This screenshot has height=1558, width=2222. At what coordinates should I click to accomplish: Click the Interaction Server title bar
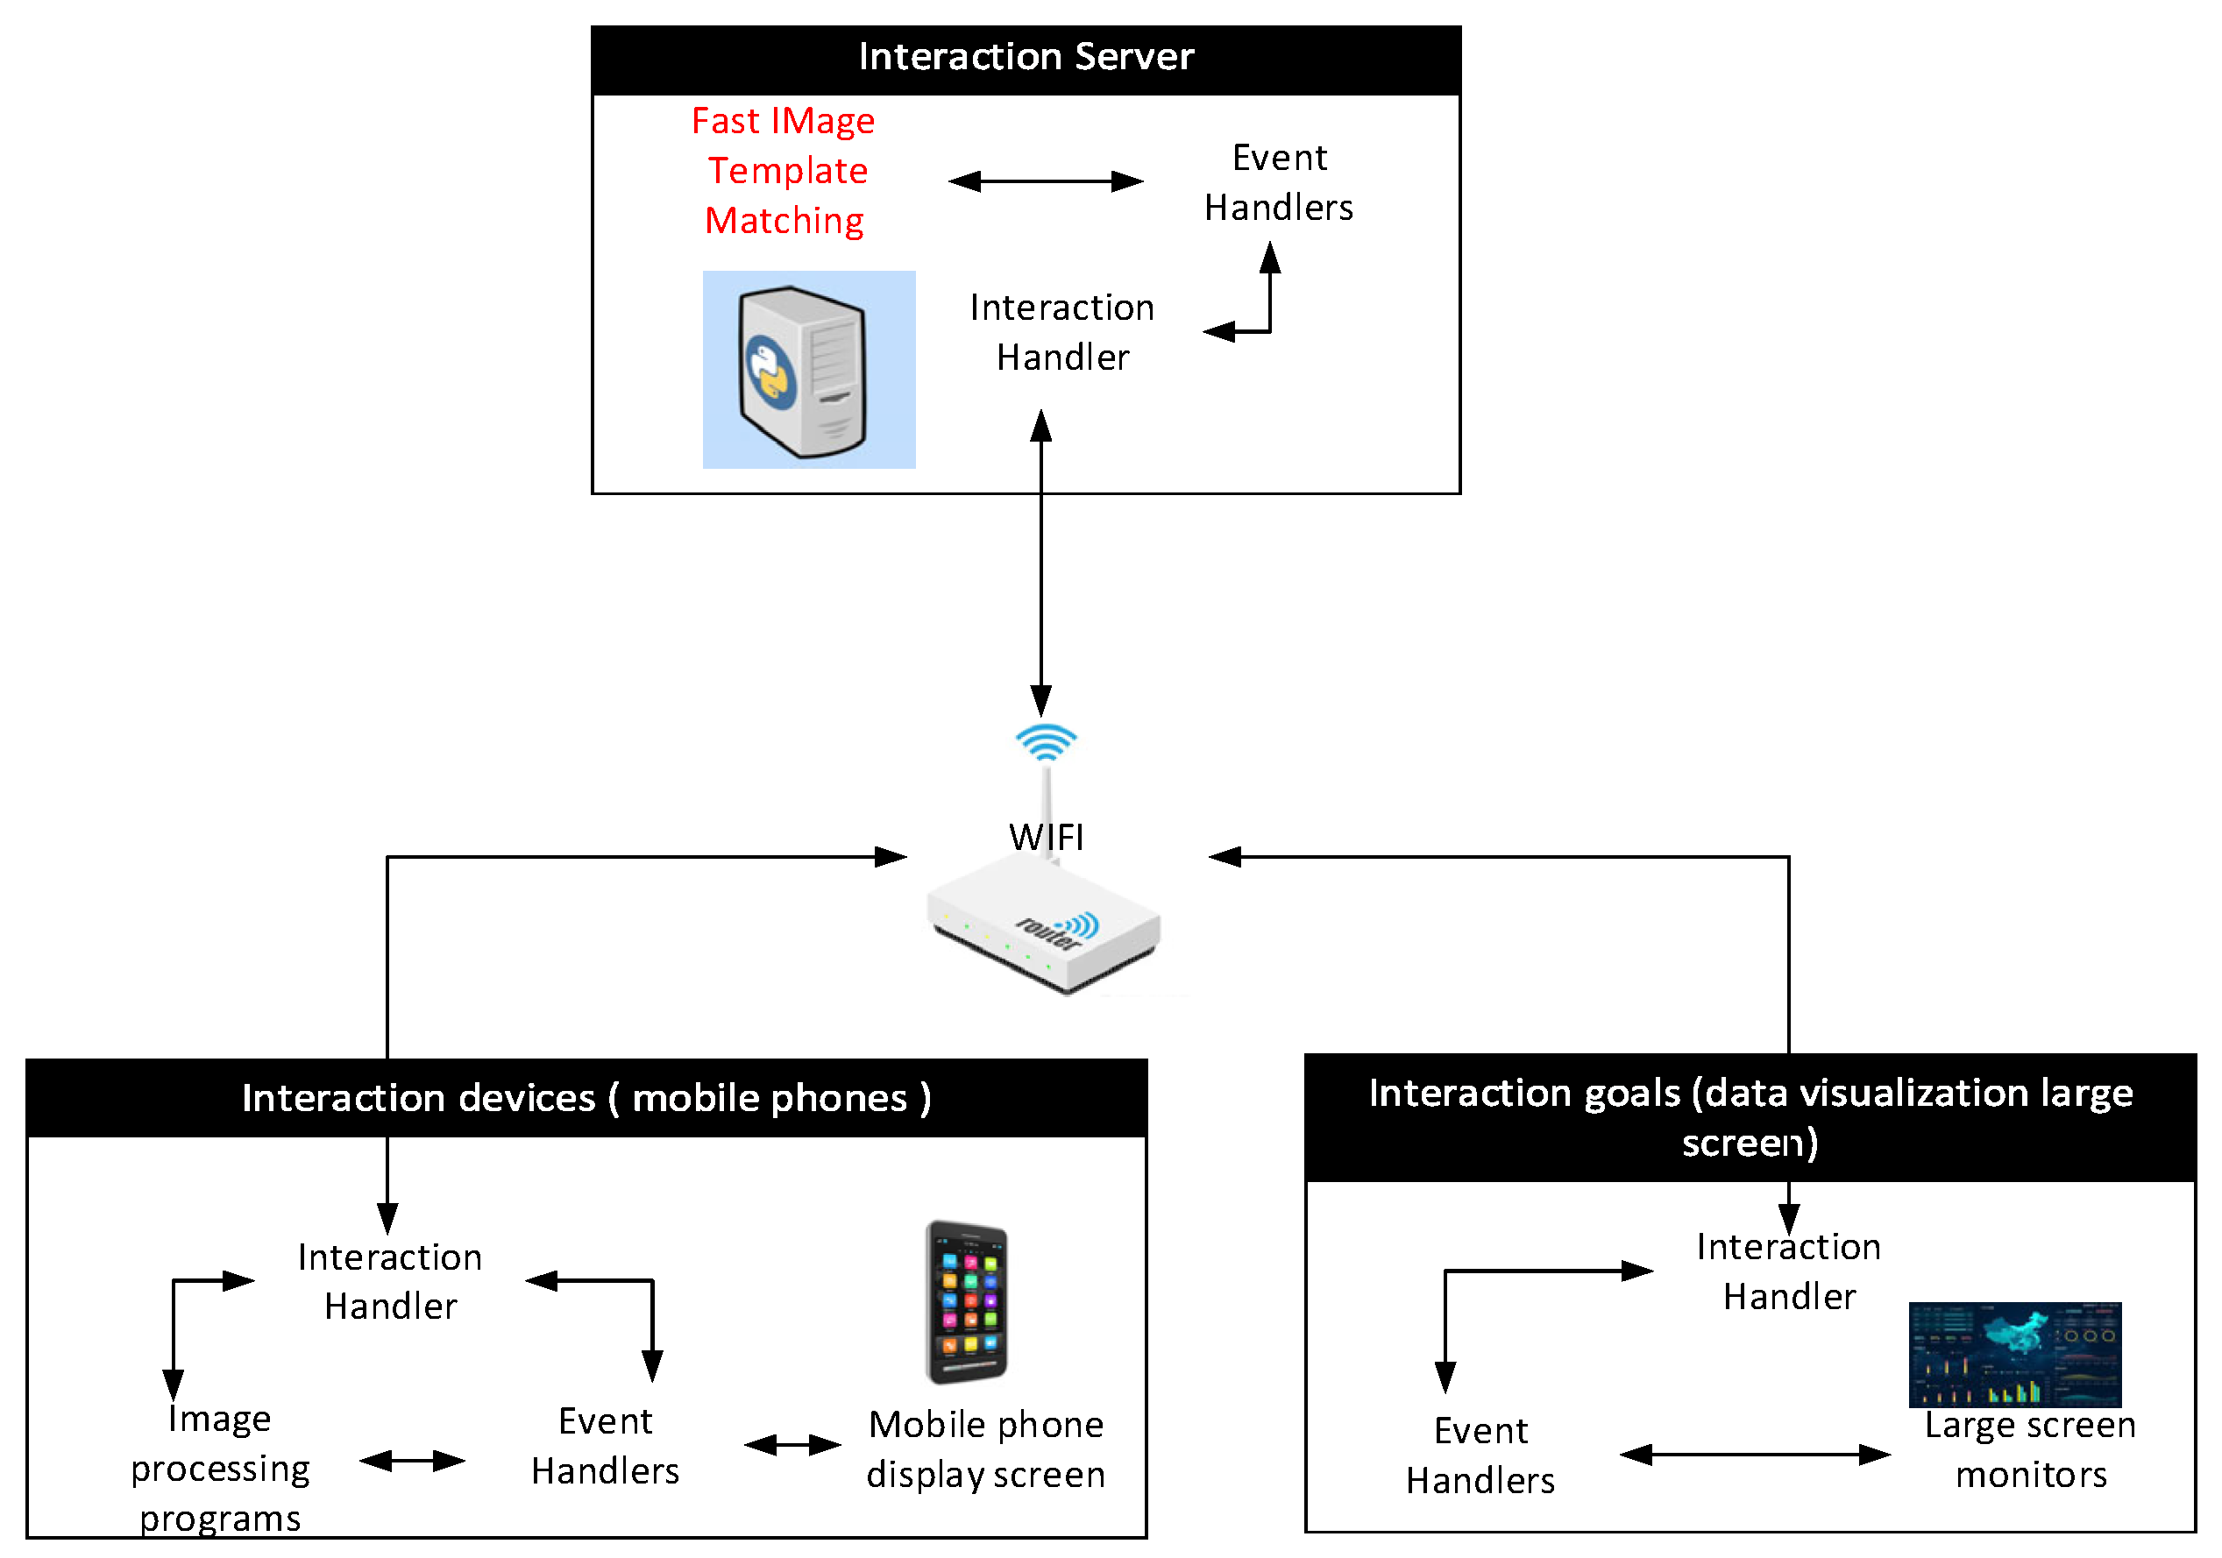tap(1026, 58)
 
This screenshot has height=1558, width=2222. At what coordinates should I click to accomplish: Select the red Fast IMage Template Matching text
tap(784, 171)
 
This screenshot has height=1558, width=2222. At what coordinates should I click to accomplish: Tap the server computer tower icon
tap(803, 371)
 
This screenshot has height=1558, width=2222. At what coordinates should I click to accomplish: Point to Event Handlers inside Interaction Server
tap(1279, 183)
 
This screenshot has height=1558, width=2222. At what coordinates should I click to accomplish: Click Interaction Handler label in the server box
tap(1062, 333)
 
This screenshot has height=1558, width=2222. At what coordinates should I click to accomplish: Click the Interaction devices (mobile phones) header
tap(586, 1098)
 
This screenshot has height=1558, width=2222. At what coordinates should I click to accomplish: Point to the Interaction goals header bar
tap(1750, 1118)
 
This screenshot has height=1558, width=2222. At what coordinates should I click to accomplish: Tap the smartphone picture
tap(967, 1301)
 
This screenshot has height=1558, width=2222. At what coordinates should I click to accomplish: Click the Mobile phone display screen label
tap(985, 1449)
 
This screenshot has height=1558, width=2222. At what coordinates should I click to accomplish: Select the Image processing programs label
tap(221, 1469)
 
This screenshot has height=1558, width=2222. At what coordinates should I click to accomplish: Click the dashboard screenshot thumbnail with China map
tap(2014, 1355)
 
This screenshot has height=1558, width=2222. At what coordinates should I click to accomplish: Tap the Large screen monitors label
tap(2029, 1449)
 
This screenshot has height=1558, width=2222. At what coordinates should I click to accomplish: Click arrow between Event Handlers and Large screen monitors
tap(1755, 1455)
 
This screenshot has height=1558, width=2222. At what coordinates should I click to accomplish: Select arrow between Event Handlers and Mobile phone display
tap(792, 1446)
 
